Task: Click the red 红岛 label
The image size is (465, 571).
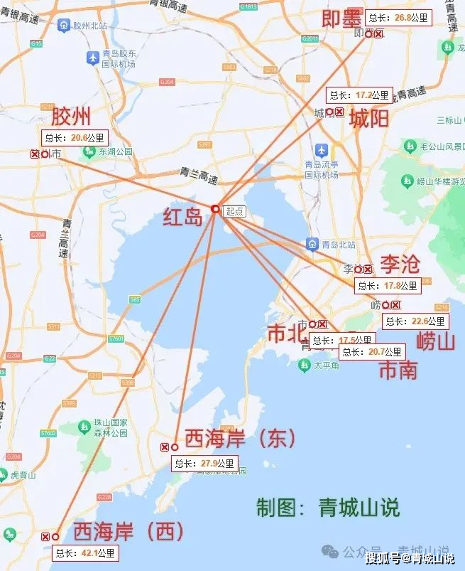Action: (183, 217)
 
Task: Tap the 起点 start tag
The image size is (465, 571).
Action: (234, 211)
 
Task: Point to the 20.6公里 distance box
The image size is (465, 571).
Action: (75, 138)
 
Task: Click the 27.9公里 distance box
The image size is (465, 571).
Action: (205, 464)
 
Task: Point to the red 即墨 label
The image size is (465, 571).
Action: (341, 18)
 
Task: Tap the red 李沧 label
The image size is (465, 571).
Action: (400, 264)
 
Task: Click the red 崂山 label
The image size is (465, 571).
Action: (435, 341)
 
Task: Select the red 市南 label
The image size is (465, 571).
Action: (398, 370)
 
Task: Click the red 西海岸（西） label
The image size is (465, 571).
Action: (128, 531)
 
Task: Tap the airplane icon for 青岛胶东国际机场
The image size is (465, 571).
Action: (92, 57)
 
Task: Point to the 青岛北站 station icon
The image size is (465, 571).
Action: (312, 245)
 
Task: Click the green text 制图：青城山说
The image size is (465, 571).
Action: (327, 507)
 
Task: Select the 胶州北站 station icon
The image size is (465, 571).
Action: (65, 26)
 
